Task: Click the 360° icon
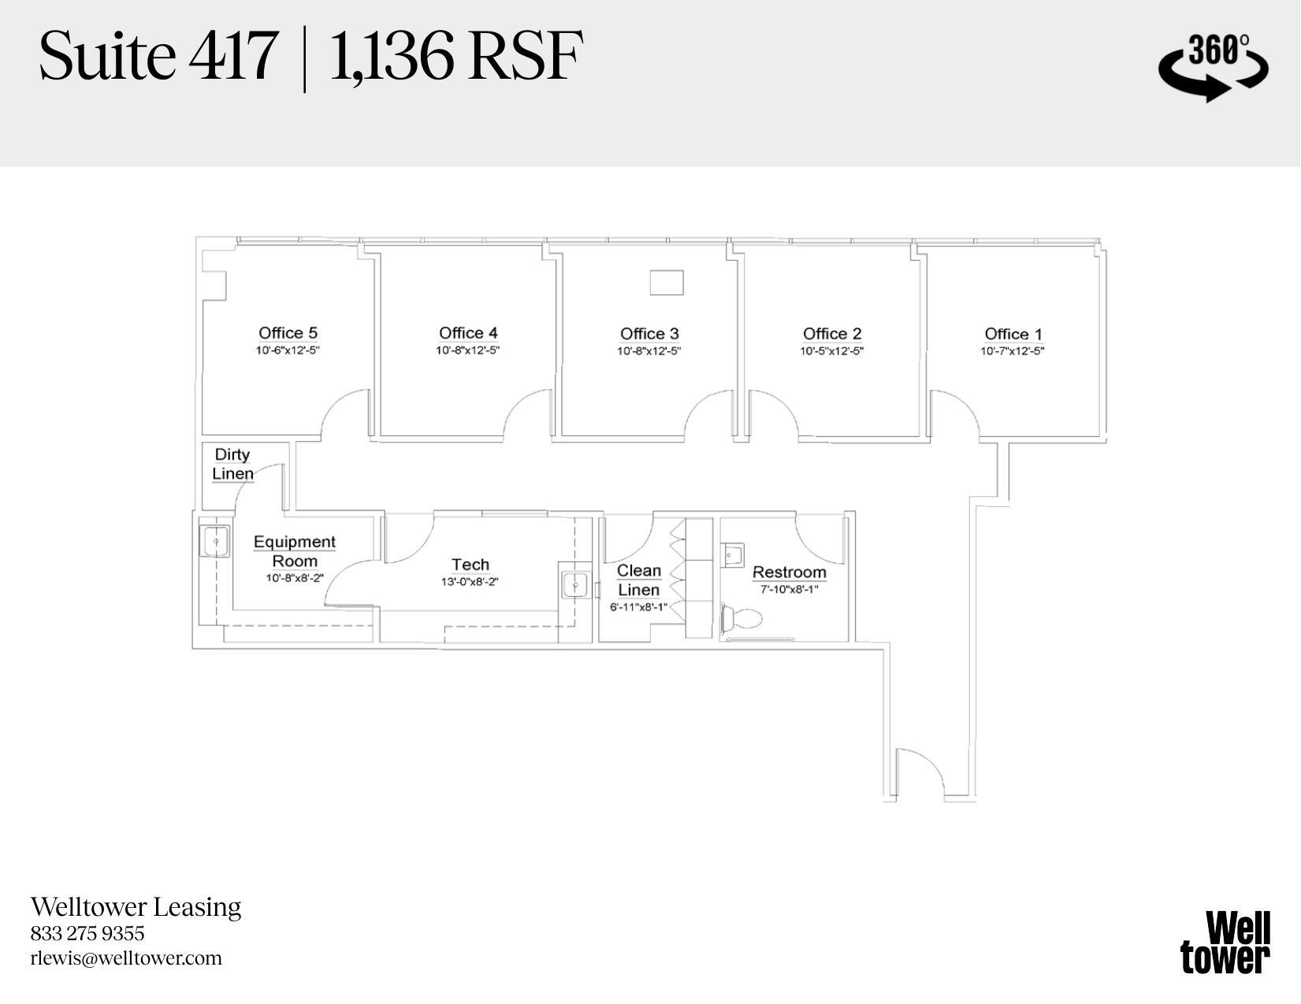[1213, 66]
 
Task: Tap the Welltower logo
[1225, 943]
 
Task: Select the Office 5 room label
[288, 333]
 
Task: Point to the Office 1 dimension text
[1012, 351]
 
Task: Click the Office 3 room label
[649, 334]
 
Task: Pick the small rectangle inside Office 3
[666, 283]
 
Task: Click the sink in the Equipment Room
[215, 542]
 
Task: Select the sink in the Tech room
[575, 585]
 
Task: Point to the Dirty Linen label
[232, 464]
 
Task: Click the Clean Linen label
[638, 580]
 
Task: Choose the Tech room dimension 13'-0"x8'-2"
[470, 582]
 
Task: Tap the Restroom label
[789, 572]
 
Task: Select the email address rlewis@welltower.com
[126, 958]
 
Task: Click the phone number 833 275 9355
[87, 934]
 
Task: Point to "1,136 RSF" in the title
[455, 57]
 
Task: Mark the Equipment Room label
[295, 551]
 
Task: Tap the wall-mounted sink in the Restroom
[733, 554]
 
